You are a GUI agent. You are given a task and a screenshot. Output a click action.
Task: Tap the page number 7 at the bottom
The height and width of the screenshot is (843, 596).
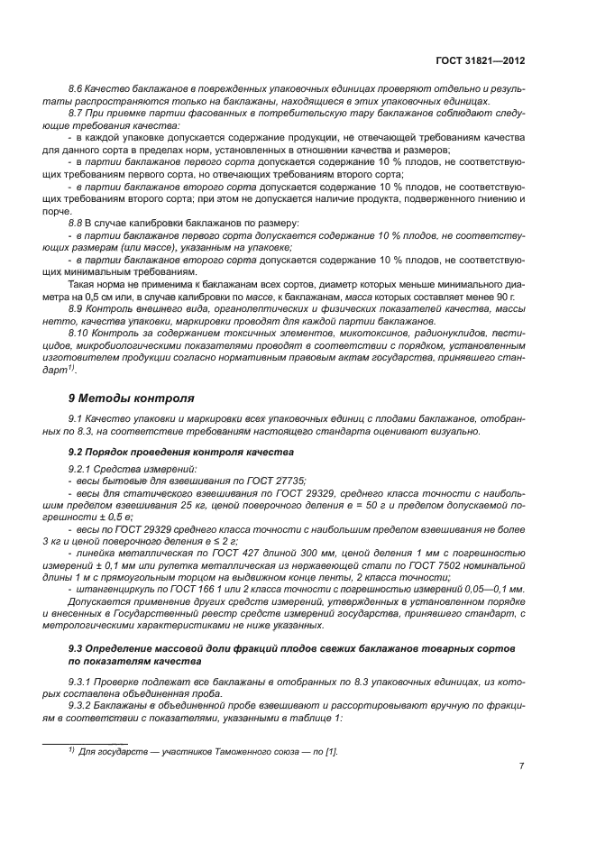pyautogui.click(x=521, y=766)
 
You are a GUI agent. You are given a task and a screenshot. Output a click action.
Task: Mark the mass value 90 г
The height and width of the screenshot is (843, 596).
pyautogui.click(x=504, y=296)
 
